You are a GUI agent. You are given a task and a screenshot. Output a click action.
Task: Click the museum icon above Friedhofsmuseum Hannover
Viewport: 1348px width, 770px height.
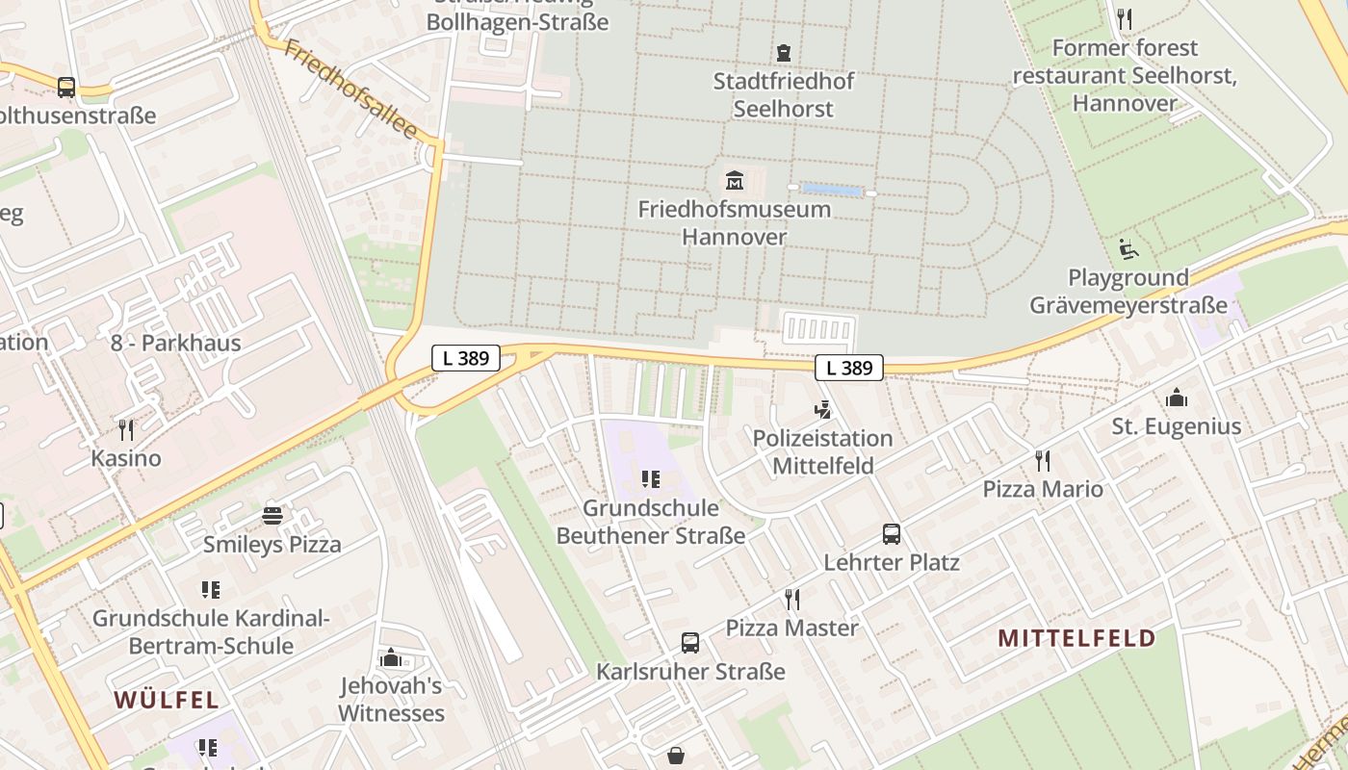point(735,180)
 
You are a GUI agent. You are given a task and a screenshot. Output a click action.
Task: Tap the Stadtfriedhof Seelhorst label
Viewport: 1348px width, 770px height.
point(783,94)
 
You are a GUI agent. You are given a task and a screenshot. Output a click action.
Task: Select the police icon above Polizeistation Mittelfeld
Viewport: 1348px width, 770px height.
point(822,410)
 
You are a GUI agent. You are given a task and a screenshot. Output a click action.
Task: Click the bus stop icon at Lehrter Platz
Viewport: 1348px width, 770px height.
point(892,534)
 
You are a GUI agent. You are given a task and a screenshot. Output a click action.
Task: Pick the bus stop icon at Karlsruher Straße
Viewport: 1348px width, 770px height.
point(690,643)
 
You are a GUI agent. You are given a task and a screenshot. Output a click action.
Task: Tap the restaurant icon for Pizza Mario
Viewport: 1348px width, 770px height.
point(1042,461)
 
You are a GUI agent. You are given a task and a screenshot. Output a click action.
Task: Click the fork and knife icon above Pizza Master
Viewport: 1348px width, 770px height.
point(792,600)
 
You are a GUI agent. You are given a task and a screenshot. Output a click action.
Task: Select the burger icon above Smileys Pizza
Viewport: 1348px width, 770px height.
point(272,516)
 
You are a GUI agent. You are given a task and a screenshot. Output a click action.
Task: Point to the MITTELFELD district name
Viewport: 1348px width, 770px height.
point(1076,638)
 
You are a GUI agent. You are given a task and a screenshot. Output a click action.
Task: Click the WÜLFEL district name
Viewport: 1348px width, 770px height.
point(168,700)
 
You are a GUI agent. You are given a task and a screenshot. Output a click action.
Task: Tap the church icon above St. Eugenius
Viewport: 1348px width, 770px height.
point(1176,398)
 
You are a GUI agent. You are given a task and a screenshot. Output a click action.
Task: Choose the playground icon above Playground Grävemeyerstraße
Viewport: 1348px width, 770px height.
point(1128,249)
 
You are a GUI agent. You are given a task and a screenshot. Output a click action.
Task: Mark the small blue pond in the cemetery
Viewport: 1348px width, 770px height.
point(831,191)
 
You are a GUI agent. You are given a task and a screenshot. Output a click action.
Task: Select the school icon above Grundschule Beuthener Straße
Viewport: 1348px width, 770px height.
point(651,479)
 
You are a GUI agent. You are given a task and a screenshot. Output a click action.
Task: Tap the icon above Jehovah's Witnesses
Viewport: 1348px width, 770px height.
point(391,658)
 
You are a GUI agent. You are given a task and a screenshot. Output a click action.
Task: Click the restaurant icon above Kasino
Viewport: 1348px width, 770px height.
point(126,429)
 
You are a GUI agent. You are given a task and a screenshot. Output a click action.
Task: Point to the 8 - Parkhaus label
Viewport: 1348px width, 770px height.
point(175,343)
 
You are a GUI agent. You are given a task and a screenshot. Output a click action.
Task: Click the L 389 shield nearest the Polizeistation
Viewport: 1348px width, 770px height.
point(849,368)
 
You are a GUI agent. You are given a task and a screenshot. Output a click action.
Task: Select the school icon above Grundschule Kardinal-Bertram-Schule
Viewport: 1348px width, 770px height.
point(211,589)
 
